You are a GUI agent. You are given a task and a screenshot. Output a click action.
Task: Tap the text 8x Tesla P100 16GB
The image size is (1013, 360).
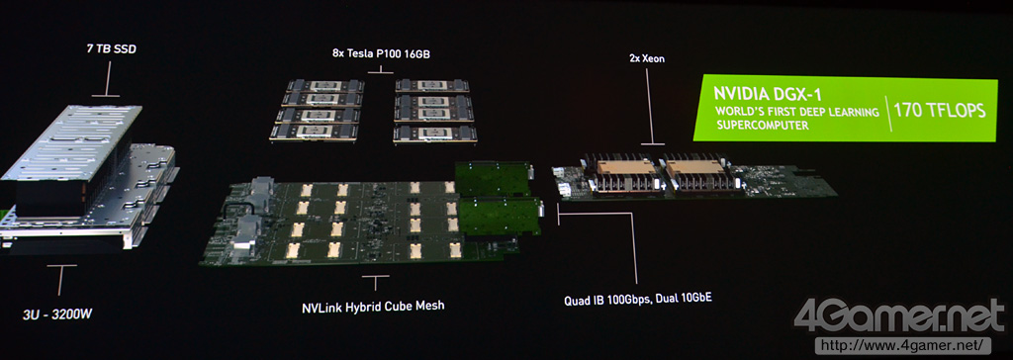[380, 55]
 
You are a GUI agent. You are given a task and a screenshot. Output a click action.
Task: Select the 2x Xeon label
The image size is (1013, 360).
[647, 58]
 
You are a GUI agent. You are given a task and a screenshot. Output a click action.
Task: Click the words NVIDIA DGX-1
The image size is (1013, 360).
[759, 93]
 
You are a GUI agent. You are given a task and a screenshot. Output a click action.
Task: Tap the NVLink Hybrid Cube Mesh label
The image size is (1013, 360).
[373, 306]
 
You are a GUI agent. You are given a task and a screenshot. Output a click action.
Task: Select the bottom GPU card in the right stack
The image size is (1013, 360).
[434, 134]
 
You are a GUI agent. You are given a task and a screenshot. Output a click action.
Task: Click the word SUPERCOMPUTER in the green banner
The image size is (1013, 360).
[763, 126]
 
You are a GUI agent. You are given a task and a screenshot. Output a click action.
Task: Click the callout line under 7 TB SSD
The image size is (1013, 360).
[110, 79]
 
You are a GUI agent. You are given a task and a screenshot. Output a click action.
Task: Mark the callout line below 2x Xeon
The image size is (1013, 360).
[647, 106]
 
